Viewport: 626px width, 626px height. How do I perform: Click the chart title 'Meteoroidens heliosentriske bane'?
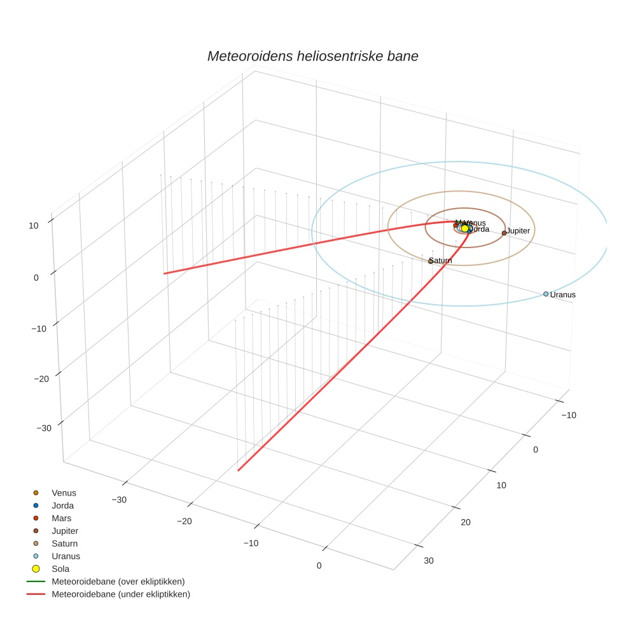pos(312,56)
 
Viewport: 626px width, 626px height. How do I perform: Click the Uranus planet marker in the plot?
pos(546,294)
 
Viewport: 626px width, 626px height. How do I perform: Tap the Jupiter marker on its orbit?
pos(504,233)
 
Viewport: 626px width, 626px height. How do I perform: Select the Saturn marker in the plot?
pos(431,261)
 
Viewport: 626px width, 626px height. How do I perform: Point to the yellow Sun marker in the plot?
pos(465,228)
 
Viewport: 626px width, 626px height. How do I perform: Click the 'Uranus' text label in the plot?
pos(563,295)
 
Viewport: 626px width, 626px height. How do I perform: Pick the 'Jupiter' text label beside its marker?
pos(518,230)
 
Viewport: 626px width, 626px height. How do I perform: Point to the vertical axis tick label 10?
pos(33,225)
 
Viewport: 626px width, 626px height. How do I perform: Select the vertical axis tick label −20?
pos(40,379)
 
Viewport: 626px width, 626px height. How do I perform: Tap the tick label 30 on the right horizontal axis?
pos(429,560)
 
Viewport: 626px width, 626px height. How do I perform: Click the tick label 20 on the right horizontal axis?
pos(466,522)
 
